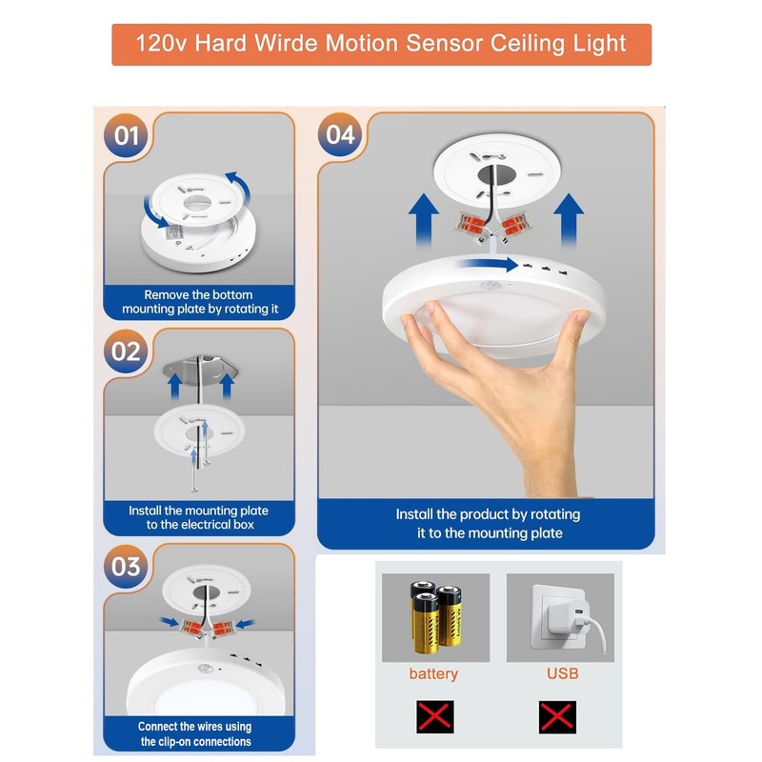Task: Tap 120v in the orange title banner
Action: pos(159,44)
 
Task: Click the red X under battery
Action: pos(434,715)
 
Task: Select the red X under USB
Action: pos(557,715)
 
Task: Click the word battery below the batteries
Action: pos(433,673)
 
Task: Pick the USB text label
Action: pos(562,673)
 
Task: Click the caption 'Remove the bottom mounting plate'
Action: pos(198,302)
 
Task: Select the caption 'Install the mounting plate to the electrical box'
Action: pos(198,517)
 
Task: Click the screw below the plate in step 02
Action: pos(195,463)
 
